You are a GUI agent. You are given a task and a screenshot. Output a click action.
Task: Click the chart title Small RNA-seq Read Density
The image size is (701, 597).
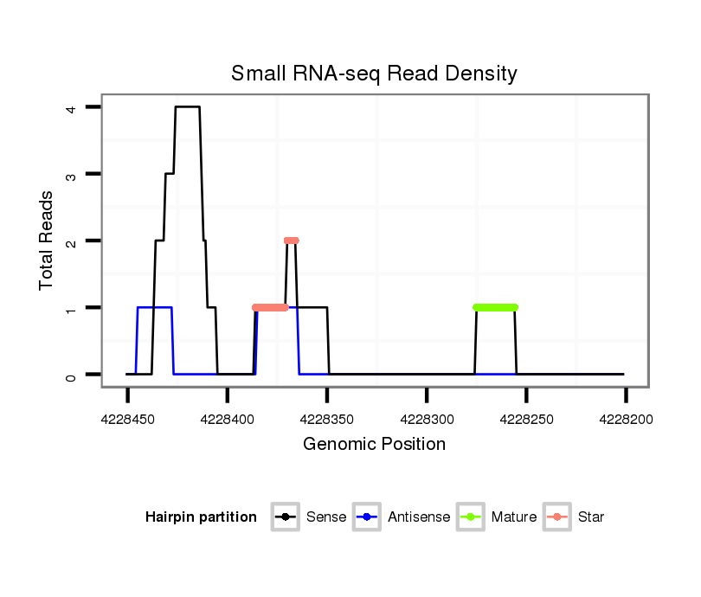point(374,74)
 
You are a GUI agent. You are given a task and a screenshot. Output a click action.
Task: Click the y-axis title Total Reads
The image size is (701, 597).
point(47,241)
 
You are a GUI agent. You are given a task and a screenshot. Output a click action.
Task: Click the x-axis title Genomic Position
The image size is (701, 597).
point(374,445)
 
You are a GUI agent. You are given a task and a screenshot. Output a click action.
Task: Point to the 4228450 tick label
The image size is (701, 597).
point(127,420)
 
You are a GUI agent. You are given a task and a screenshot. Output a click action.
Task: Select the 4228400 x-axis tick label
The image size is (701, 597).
point(227,420)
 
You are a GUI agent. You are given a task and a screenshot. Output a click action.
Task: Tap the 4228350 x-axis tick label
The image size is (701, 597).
point(327,420)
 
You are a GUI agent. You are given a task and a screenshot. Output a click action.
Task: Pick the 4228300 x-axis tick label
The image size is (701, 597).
point(427,420)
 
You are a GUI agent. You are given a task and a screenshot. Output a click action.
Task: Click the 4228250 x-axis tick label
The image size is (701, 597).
point(526,420)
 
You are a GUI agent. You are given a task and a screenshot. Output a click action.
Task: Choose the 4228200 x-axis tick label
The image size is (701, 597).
point(626,420)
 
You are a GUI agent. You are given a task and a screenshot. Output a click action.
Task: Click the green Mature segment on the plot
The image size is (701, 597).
point(495,307)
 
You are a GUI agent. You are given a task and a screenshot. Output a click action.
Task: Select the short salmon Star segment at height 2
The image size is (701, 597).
point(291,241)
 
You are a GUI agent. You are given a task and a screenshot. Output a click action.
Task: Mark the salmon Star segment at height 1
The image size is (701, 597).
point(270,307)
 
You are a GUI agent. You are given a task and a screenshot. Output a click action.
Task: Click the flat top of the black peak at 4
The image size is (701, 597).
point(187,107)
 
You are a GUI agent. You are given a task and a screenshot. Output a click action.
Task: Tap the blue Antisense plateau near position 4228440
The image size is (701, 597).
point(154,307)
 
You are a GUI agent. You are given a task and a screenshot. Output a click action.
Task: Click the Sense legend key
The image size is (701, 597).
point(285,517)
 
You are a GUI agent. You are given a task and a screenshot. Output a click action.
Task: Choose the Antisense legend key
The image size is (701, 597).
point(367,517)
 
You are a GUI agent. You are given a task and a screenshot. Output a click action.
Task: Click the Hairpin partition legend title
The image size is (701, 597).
point(201,517)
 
